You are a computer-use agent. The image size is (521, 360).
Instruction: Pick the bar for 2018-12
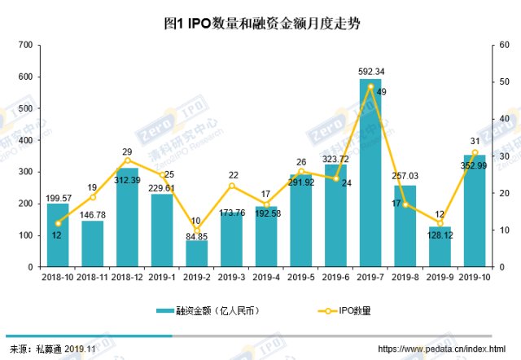pos(127,217)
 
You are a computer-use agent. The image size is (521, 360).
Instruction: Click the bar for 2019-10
pos(475,211)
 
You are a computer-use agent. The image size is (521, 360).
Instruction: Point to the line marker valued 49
pos(370,86)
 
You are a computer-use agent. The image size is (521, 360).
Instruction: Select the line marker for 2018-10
pos(58,223)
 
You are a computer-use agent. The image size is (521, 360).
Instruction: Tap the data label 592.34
pos(371,71)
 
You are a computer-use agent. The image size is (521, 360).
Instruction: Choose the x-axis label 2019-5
pos(300,278)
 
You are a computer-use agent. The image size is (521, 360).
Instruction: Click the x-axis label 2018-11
pos(92,278)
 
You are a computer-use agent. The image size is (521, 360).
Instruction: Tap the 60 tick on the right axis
pos(505,45)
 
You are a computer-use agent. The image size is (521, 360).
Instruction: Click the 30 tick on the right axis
pos(505,156)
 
